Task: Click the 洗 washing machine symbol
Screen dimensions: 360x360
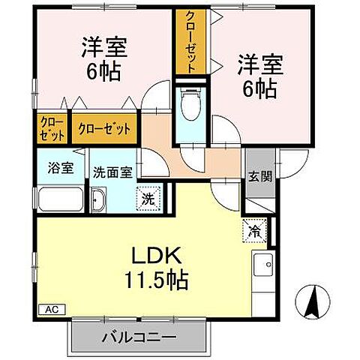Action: [x=148, y=200]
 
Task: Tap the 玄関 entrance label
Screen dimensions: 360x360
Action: [x=260, y=176]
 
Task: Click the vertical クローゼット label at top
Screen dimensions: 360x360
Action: [x=192, y=41]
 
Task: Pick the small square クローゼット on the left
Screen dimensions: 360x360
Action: [x=51, y=128]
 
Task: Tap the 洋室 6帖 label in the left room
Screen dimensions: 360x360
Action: [x=104, y=58]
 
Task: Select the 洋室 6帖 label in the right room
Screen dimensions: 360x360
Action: [x=261, y=75]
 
